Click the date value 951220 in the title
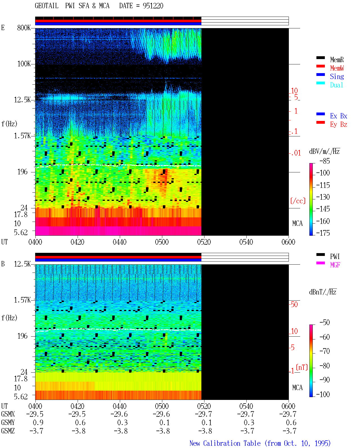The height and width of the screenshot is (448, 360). point(153,6)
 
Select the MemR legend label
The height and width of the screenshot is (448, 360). point(337,60)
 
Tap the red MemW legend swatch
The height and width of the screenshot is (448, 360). point(320,66)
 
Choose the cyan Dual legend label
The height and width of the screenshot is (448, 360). point(336,85)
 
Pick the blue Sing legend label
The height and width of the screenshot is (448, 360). point(337,76)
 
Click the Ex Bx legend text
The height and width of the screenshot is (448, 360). point(339,116)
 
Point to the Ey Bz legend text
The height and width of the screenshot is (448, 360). point(339,124)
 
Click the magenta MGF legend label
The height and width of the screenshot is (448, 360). point(335,265)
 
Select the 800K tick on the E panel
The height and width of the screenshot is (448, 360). point(24,28)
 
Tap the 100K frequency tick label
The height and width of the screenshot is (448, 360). point(24,64)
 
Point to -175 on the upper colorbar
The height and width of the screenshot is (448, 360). point(323,233)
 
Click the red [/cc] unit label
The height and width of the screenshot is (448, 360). point(298,201)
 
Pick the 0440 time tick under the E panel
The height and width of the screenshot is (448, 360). point(120,242)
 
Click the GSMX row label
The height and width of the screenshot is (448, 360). point(8,414)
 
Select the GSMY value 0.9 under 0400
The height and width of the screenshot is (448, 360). point(38,423)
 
